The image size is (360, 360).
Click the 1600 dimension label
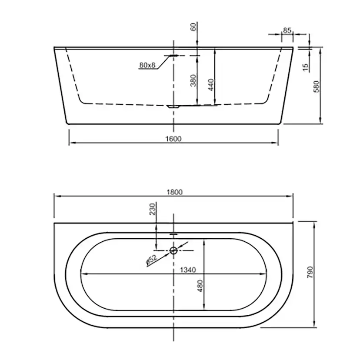pos(173,139)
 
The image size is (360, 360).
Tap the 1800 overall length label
pos(174,192)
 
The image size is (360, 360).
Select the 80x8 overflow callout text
pos(147,65)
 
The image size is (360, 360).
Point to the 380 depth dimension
pos(193,80)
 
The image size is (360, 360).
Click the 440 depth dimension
pos(211,85)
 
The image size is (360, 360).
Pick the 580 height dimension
pos(317,87)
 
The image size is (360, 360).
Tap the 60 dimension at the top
pos(193,27)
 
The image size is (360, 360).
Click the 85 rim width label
pos(287,30)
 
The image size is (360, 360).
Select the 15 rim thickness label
pos(305,67)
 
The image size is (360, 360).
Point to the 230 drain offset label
pos(153,209)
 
